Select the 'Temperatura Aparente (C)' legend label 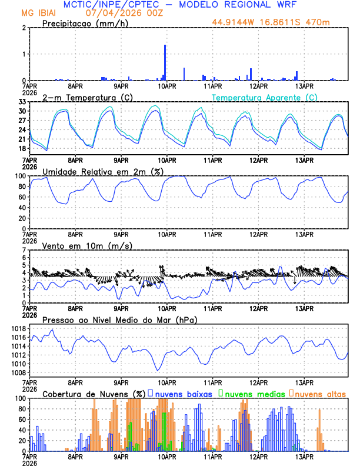click(265, 97)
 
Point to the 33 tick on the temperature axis click(22, 102)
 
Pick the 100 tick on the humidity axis click(20, 176)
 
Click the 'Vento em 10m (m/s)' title click(87, 245)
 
